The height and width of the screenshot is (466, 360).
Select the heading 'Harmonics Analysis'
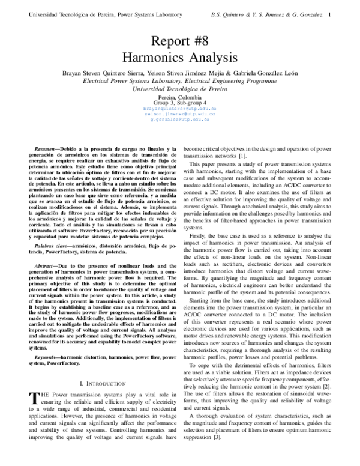pos(180,58)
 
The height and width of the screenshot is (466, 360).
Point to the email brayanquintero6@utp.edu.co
pos(179,108)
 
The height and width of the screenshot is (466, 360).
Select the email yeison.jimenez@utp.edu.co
pos(179,113)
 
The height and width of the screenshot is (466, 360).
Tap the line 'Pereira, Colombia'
pos(179,97)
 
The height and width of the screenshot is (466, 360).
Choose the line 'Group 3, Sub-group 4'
pos(179,103)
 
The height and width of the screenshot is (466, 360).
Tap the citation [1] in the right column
pos(240,156)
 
